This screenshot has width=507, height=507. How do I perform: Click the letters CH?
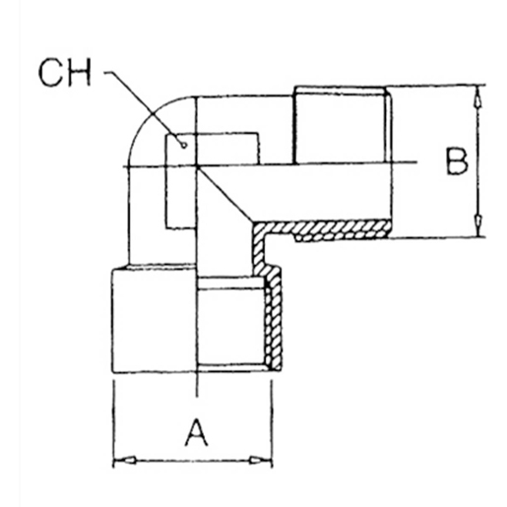click(67, 74)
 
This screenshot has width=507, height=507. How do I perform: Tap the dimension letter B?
click(454, 160)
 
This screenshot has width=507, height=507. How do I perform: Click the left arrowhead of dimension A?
click(121, 460)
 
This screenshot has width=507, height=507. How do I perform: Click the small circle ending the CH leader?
click(183, 145)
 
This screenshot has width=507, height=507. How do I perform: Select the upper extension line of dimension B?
click(433, 86)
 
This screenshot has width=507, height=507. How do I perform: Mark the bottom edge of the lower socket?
click(187, 372)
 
